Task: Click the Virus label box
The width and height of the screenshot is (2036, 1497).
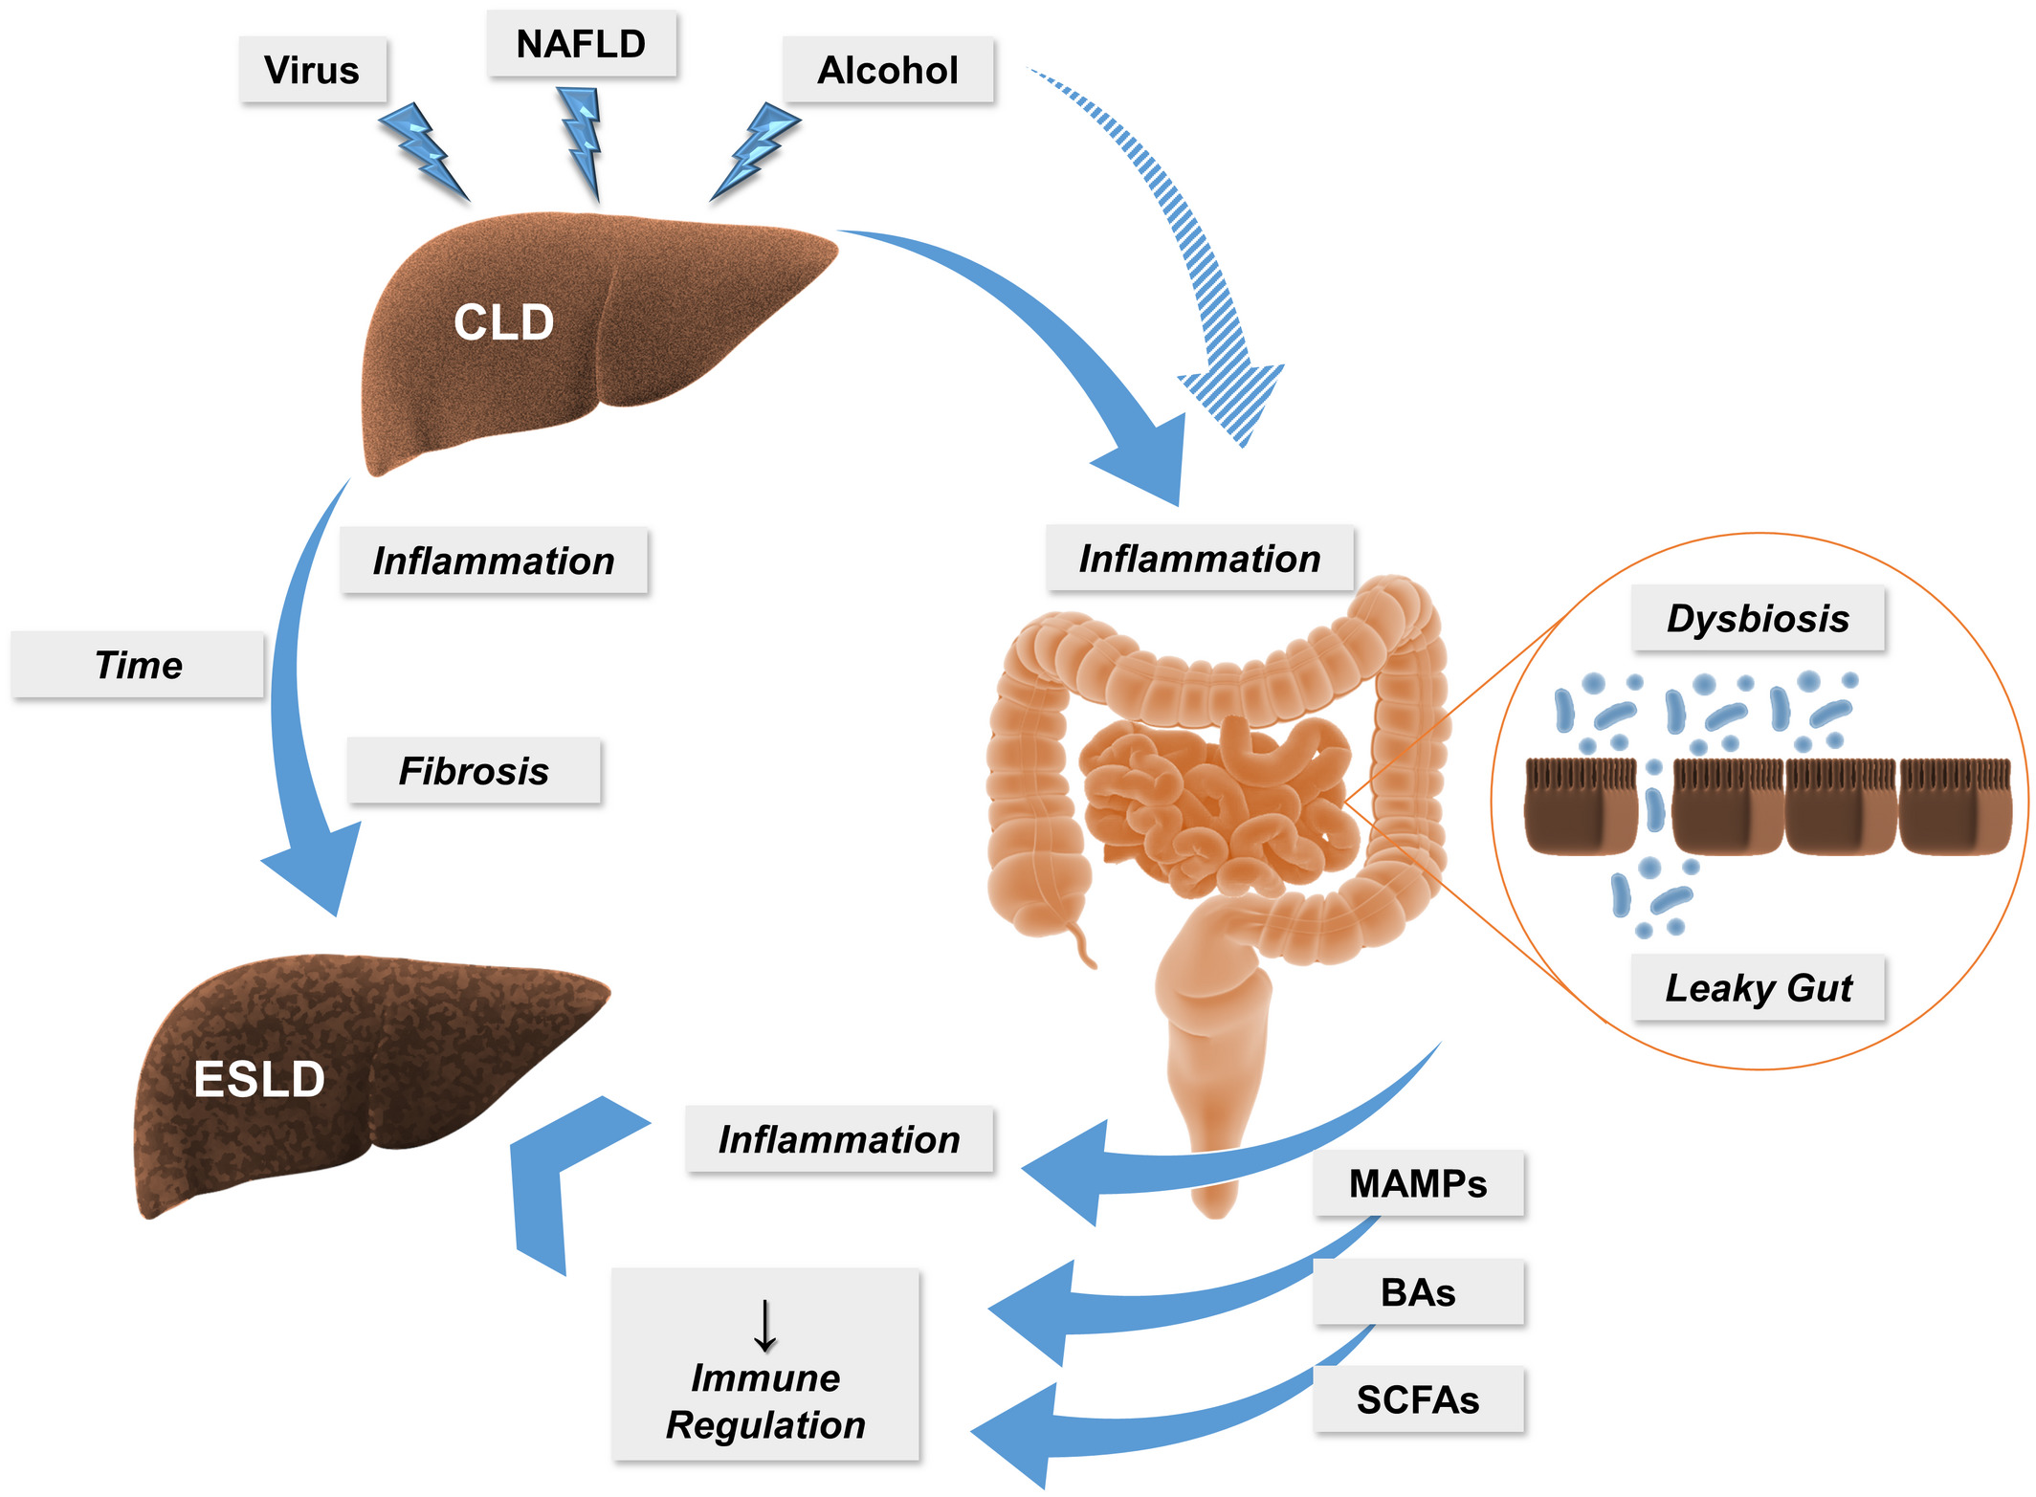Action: point(312,70)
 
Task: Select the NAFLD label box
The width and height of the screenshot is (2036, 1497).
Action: point(581,44)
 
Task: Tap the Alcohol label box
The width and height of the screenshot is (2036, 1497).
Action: point(887,70)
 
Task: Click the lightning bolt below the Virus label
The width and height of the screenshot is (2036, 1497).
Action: point(423,151)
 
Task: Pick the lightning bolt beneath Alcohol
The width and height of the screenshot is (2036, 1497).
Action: point(756,150)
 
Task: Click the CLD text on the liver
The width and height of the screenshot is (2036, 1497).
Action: point(503,322)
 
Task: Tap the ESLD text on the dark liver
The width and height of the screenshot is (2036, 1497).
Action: point(259,1079)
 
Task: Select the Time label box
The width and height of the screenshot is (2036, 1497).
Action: point(138,665)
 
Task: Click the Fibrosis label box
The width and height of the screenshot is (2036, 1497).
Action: point(474,771)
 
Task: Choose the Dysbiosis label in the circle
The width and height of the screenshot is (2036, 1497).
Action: point(1758,619)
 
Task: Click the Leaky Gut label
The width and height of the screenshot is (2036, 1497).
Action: point(1758,988)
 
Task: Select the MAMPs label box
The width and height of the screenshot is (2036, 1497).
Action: point(1417,1184)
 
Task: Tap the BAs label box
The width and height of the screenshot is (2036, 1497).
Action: point(1417,1292)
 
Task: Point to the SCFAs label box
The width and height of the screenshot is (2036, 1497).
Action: point(1417,1400)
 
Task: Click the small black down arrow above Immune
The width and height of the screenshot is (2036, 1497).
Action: point(764,1325)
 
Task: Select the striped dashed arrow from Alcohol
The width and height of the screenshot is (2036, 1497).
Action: point(1186,249)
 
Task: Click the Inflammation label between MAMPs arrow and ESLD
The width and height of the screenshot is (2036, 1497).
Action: point(839,1140)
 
